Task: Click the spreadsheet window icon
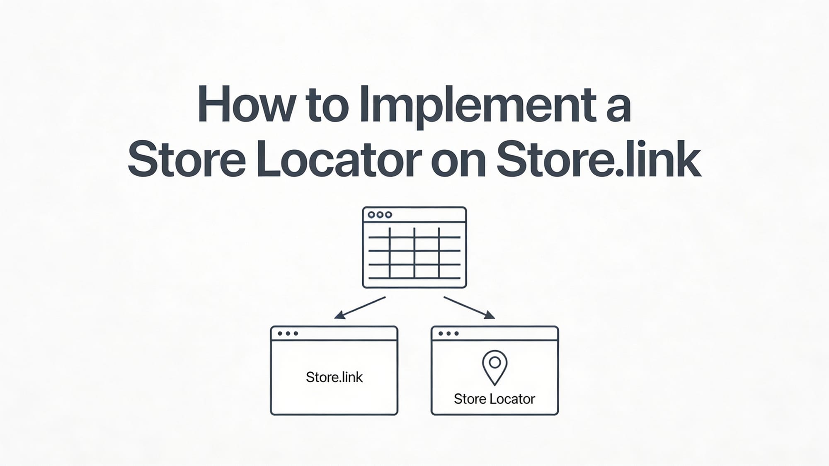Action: tap(414, 248)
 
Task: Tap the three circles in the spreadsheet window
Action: tap(380, 215)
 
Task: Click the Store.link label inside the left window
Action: tap(334, 377)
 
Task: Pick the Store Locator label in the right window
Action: tap(494, 399)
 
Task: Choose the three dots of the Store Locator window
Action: tap(448, 333)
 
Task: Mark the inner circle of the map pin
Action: tap(494, 362)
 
